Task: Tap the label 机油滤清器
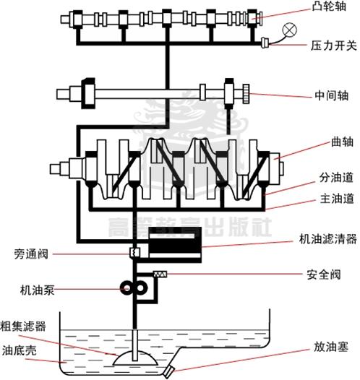pyautogui.click(x=327, y=238)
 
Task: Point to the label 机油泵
pyautogui.click(x=33, y=290)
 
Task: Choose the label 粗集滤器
pyautogui.click(x=23, y=326)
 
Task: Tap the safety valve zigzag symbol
pyautogui.click(x=161, y=273)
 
